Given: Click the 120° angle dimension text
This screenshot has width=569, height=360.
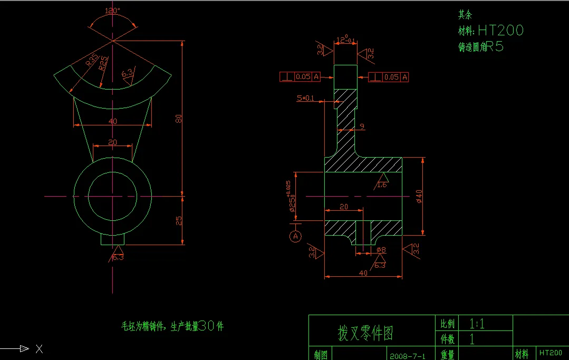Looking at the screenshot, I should pos(112,11).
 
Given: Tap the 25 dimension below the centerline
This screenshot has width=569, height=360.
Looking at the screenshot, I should pos(179,220).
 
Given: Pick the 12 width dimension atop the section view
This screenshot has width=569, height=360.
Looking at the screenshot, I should pos(345,40).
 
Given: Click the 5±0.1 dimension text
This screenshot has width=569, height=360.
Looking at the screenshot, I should pos(305,98).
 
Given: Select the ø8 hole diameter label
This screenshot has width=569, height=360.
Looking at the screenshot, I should pos(381,250).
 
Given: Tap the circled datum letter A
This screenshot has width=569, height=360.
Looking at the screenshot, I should pos(295,236).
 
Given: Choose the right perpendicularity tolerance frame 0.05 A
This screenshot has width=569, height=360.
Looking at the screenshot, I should pos(389,77).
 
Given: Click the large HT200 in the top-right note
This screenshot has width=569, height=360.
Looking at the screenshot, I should pos(500,31).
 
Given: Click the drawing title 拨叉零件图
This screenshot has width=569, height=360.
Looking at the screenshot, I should pos(365,333).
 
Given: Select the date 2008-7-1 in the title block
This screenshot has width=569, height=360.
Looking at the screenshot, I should pos(408,355).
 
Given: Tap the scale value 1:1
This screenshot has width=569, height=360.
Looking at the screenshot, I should pos(477,324).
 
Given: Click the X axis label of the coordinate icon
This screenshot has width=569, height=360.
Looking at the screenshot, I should pos(38,348).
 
